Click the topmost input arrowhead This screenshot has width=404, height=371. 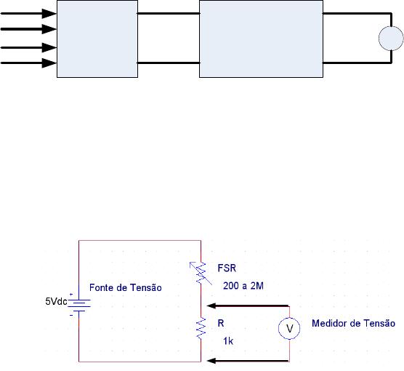(49, 14)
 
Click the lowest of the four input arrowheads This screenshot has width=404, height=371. (49, 63)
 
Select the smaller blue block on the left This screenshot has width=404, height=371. (97, 39)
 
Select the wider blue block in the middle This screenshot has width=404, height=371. (262, 39)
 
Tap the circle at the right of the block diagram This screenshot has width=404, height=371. (391, 38)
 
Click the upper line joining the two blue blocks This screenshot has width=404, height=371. (169, 13)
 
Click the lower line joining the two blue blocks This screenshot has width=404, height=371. (169, 63)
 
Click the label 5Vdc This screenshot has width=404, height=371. (56, 301)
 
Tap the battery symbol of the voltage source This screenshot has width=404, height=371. (79, 304)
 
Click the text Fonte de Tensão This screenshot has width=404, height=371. (126, 287)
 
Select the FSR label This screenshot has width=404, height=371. (227, 268)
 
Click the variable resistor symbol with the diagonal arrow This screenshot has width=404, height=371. (201, 274)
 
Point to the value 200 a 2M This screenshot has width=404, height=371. (243, 286)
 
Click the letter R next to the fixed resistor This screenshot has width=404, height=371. (221, 323)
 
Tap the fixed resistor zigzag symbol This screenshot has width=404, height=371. (201, 328)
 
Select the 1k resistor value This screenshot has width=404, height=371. (228, 341)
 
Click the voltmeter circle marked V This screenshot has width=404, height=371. (289, 328)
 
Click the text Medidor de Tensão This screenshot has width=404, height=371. (353, 323)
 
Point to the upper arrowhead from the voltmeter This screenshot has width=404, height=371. (211, 306)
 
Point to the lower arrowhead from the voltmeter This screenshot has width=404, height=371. (211, 361)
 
